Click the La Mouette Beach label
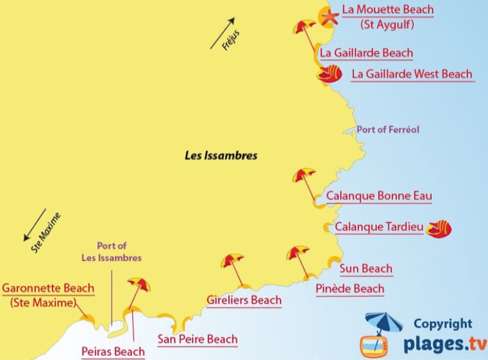tap(387, 10)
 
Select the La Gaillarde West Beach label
tap(412, 74)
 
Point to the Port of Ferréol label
tap(388, 130)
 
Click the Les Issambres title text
tap(221, 155)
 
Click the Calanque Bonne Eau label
tap(379, 196)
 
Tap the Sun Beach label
tap(366, 268)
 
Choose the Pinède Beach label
tap(350, 289)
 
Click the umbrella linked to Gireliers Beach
tap(232, 261)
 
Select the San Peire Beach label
tap(198, 339)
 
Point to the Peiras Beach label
tap(113, 351)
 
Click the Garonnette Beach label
tap(48, 288)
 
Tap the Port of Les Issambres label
tap(112, 252)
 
